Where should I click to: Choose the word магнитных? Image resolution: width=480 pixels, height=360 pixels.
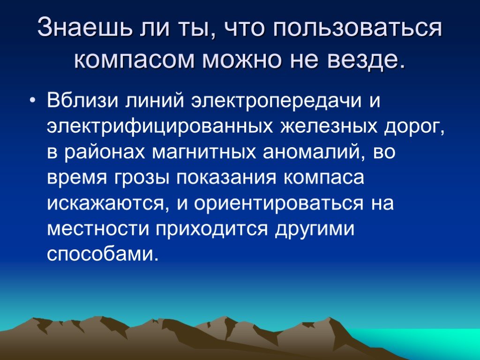tap(204, 152)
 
